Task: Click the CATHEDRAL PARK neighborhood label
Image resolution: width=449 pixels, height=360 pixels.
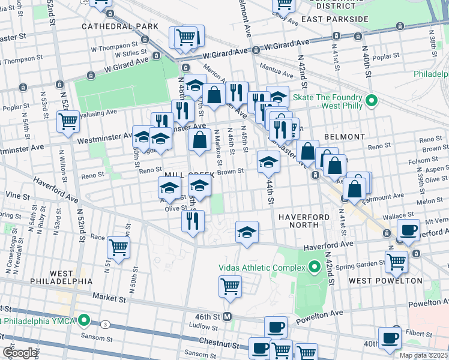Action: point(120,26)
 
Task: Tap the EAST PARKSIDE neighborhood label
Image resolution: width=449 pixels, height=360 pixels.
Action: point(334,19)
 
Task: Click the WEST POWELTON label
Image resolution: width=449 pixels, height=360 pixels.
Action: point(376,280)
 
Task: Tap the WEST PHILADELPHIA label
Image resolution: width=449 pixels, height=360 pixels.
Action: point(46,281)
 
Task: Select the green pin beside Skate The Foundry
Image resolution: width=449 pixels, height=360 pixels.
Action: point(372,100)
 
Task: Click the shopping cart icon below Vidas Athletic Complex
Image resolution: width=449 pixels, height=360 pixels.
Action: point(230,286)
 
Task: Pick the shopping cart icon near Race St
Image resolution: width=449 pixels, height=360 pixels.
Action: point(118,246)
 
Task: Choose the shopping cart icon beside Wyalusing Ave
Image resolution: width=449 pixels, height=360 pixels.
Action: point(68,121)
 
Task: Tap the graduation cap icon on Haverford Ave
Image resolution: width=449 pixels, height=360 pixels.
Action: point(246,232)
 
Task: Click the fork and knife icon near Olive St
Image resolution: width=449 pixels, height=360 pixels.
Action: point(193,220)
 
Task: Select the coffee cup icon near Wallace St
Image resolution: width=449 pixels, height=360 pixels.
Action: point(409,229)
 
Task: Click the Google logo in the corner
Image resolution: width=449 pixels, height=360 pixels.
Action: point(20,353)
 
